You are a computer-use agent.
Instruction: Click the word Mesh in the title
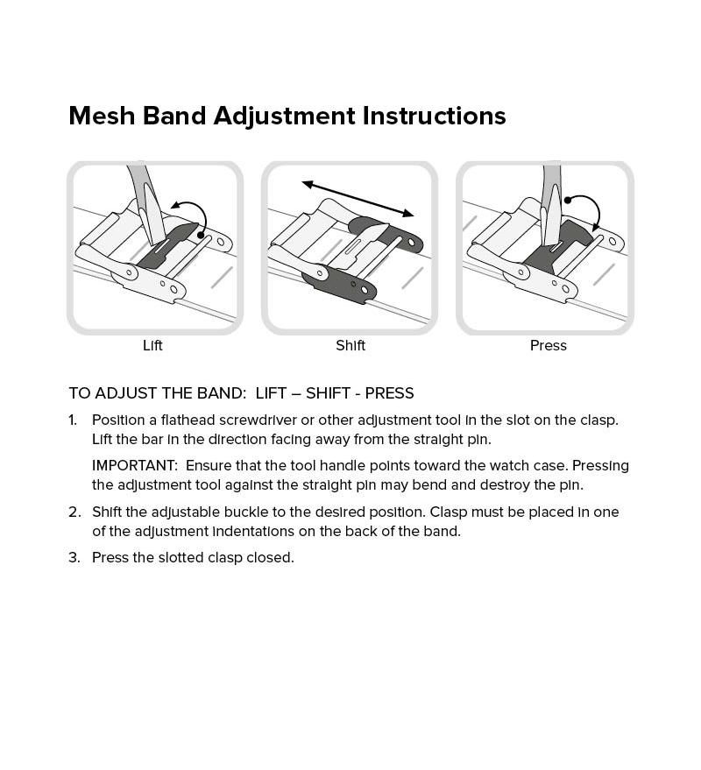click(x=102, y=116)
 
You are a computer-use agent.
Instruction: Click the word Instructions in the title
click(x=434, y=116)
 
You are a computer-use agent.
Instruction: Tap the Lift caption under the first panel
click(x=152, y=345)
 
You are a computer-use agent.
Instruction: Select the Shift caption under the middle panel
click(x=350, y=345)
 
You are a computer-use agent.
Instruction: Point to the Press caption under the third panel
click(x=549, y=345)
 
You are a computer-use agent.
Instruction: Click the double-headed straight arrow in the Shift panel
click(x=358, y=198)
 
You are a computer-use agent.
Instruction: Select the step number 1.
click(x=73, y=420)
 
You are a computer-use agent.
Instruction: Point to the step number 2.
click(x=74, y=512)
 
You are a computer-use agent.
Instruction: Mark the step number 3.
click(x=74, y=557)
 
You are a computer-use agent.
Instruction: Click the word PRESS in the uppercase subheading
click(x=390, y=392)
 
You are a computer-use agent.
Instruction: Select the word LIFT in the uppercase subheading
click(x=271, y=392)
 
